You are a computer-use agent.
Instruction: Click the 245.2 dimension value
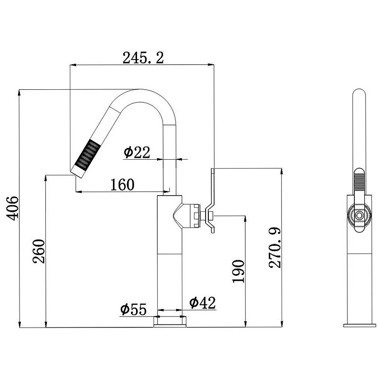click(x=143, y=58)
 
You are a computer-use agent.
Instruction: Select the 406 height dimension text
click(x=12, y=208)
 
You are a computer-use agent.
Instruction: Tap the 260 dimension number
click(x=39, y=251)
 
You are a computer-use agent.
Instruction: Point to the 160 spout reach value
click(x=122, y=185)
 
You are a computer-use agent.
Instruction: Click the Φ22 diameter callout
click(x=137, y=152)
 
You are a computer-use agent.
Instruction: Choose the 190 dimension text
click(x=238, y=271)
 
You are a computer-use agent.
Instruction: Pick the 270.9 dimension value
click(x=275, y=248)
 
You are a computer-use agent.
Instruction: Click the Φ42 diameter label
click(x=202, y=302)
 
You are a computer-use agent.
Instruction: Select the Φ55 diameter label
click(x=133, y=309)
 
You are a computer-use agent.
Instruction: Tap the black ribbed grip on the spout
click(x=87, y=153)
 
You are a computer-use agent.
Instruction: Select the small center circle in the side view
click(x=359, y=215)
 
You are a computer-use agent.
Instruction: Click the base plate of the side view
click(x=360, y=326)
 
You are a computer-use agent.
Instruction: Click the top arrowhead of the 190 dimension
click(x=245, y=219)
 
